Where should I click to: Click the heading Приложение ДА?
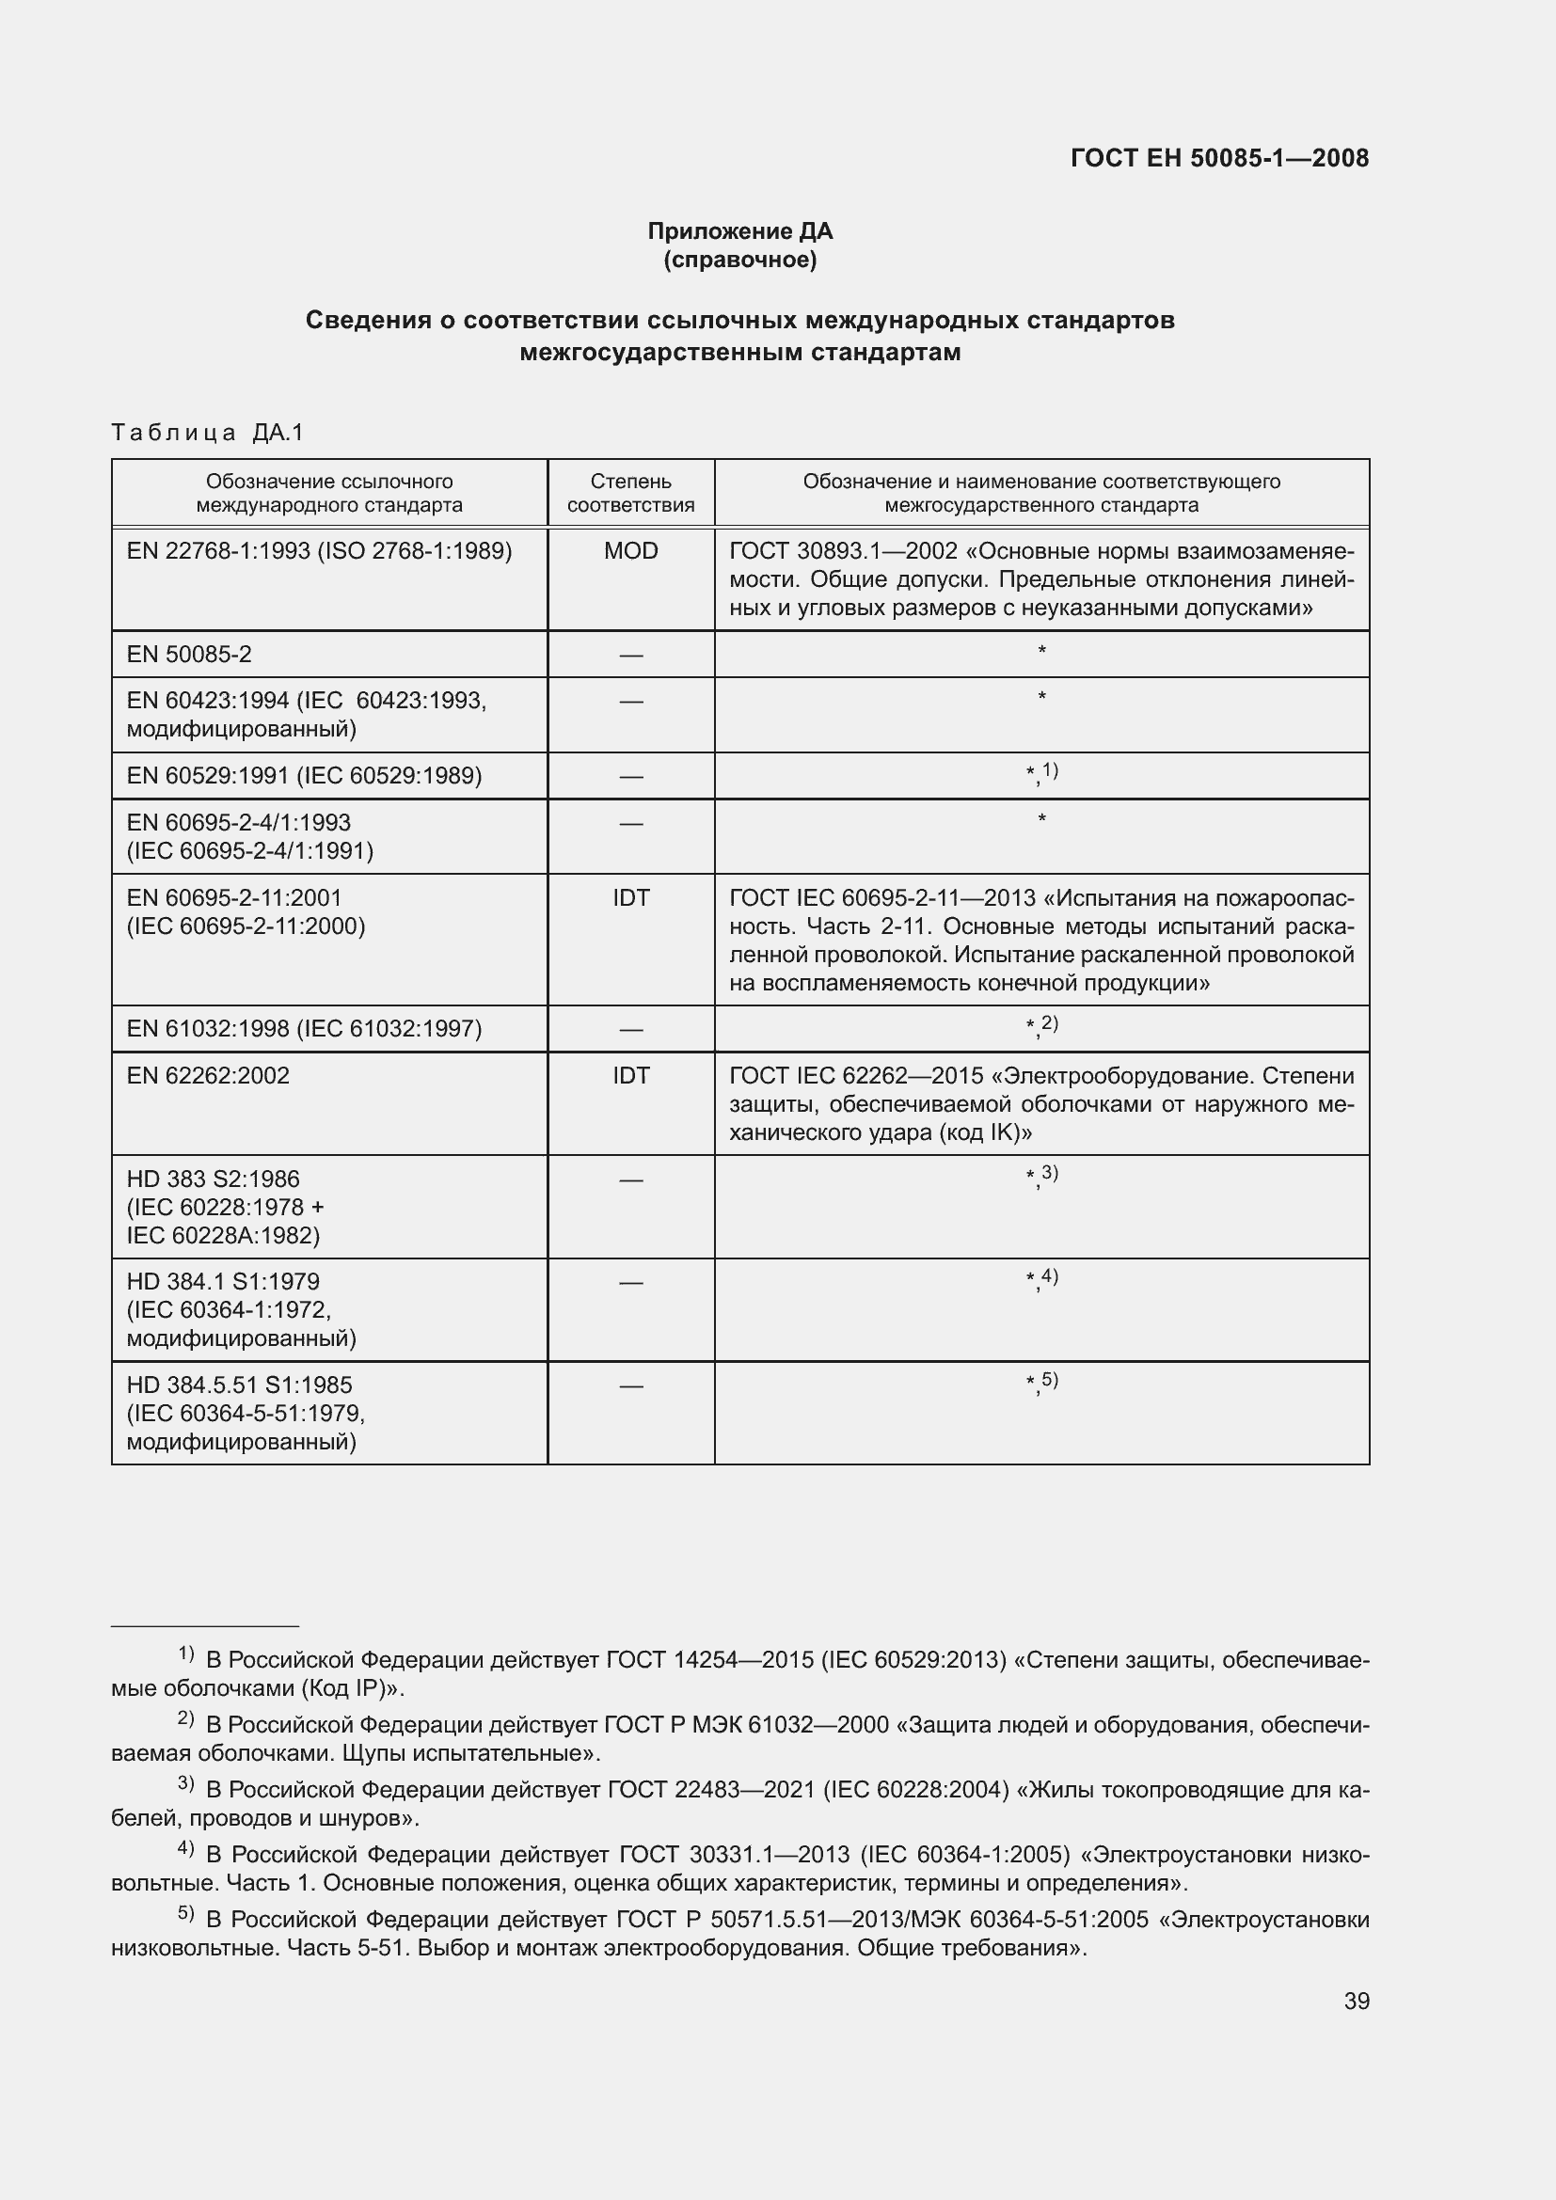(x=739, y=231)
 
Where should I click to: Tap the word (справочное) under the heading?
(x=739, y=260)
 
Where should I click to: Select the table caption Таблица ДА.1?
(x=207, y=432)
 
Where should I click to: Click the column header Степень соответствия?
(x=630, y=493)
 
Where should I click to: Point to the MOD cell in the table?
(x=630, y=551)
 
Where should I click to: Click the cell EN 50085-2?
(x=190, y=655)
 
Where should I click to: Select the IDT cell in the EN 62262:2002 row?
(x=630, y=1075)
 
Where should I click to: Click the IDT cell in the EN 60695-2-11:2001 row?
(x=630, y=898)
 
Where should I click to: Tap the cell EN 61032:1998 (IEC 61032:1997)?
(x=304, y=1028)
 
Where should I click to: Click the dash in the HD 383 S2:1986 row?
(x=630, y=1179)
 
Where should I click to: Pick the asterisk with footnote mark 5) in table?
(x=1041, y=1382)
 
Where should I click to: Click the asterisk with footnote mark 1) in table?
(x=1041, y=772)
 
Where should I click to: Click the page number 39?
(x=1356, y=2002)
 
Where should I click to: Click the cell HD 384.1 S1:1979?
(x=223, y=1282)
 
